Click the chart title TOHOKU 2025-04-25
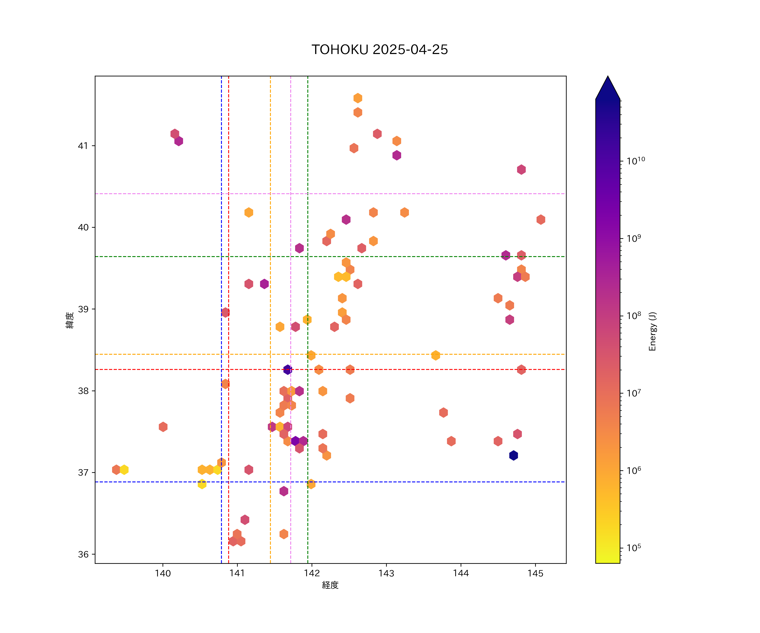380,50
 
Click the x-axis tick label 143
386,573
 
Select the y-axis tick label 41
83,146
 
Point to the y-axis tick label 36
83,555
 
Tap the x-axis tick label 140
163,573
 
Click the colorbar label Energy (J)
652,331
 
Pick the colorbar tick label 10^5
634,548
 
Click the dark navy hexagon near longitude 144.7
513,455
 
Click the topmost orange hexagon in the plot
358,98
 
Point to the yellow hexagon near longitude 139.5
124,469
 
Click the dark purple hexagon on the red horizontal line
287,369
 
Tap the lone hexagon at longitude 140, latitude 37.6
163,427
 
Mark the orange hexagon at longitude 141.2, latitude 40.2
249,212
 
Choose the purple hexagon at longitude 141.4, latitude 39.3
264,284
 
